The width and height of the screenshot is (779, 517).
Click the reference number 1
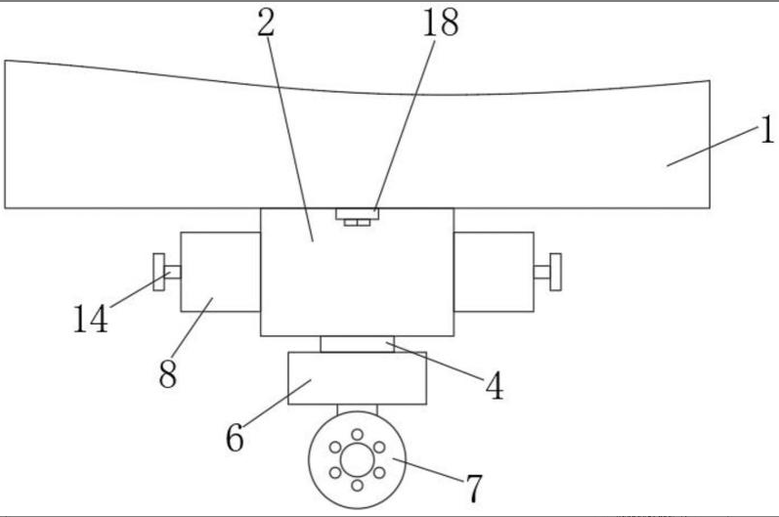pos(766,129)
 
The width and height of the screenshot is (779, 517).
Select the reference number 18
pos(440,22)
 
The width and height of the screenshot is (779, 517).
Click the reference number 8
pos(168,374)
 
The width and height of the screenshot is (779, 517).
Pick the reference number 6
pos(235,437)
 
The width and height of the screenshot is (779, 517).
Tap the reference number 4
pos(496,387)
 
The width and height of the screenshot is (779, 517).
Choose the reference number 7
pos(473,485)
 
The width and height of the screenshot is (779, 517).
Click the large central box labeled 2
pos(357,279)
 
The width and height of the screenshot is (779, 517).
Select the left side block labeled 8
pos(220,272)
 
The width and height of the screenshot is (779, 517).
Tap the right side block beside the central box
pos(494,271)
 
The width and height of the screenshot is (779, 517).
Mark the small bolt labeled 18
pos(357,215)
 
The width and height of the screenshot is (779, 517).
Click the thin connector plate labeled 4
pos(357,344)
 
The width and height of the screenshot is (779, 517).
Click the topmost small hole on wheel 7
pos(357,433)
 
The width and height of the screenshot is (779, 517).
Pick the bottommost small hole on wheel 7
pos(357,484)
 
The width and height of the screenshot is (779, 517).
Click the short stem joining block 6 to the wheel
pos(357,410)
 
